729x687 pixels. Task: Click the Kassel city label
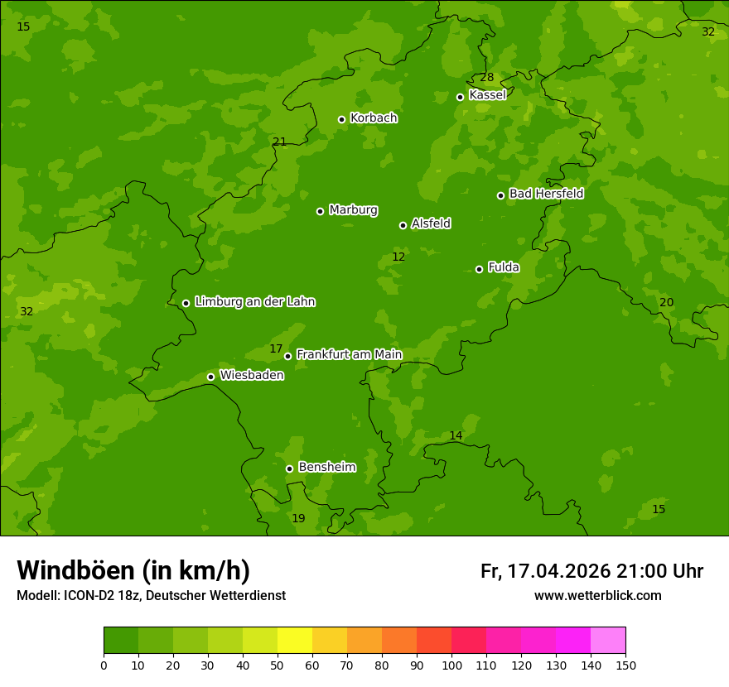pyautogui.click(x=487, y=95)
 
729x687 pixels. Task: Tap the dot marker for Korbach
pyautogui.click(x=341, y=119)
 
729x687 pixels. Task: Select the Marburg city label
pyautogui.click(x=353, y=210)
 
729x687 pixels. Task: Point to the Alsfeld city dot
pyautogui.click(x=403, y=225)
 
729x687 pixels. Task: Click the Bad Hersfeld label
pyautogui.click(x=546, y=194)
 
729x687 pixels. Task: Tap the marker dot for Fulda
pyautogui.click(x=479, y=269)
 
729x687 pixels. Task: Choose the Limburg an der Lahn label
pyautogui.click(x=254, y=301)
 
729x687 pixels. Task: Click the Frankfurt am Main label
pyautogui.click(x=349, y=354)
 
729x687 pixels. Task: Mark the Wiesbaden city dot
pyautogui.click(x=210, y=377)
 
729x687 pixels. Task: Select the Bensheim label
pyautogui.click(x=326, y=467)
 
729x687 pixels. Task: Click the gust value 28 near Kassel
pyautogui.click(x=487, y=78)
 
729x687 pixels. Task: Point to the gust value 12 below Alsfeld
pyautogui.click(x=398, y=257)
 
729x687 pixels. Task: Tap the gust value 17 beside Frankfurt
pyautogui.click(x=276, y=349)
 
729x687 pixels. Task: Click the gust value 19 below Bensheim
pyautogui.click(x=298, y=519)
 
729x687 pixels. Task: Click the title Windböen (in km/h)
pyautogui.click(x=133, y=570)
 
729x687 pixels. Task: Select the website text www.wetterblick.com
pyautogui.click(x=597, y=595)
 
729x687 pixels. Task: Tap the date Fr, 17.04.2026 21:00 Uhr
pyautogui.click(x=591, y=571)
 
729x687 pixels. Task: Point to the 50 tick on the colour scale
pyautogui.click(x=278, y=665)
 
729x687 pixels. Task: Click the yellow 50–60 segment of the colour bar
pyautogui.click(x=295, y=640)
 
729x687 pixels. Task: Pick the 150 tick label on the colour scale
pyautogui.click(x=625, y=665)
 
